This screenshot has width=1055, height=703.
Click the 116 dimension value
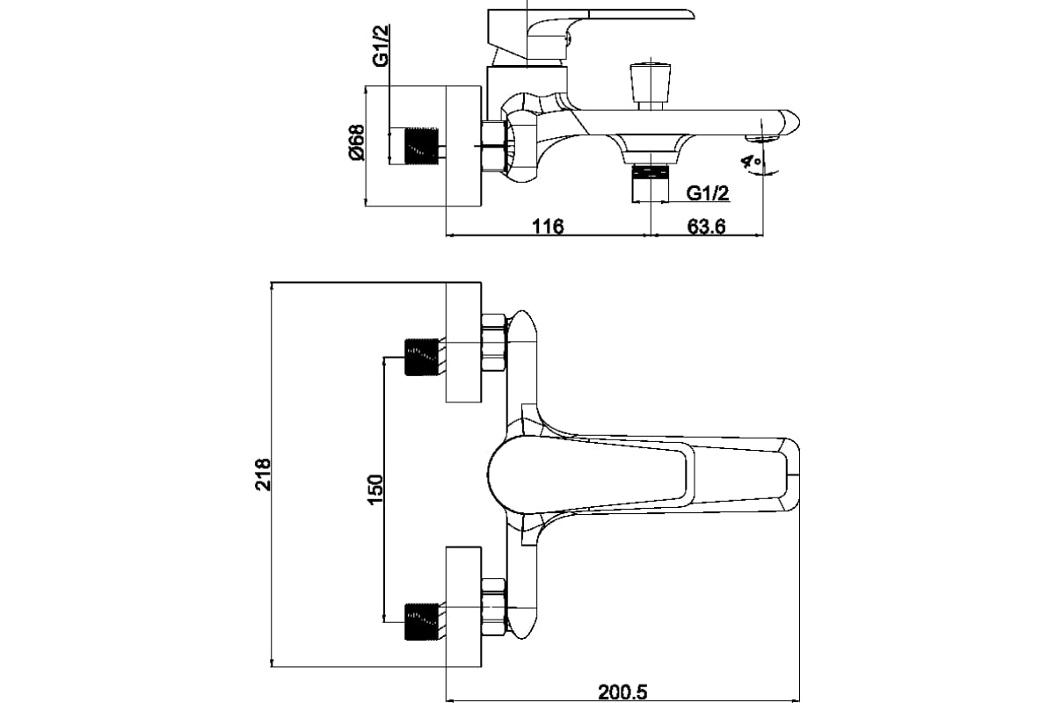pos(547,226)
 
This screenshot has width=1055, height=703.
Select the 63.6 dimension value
pos(705,226)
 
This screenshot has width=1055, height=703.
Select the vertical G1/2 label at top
pos(381,46)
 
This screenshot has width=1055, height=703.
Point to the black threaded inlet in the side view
pos(420,146)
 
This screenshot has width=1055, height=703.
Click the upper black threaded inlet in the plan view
pos(420,356)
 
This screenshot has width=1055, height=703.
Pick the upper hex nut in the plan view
pos(495,344)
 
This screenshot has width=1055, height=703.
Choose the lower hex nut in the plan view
pos(495,606)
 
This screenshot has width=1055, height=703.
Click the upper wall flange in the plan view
pos(463,343)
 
